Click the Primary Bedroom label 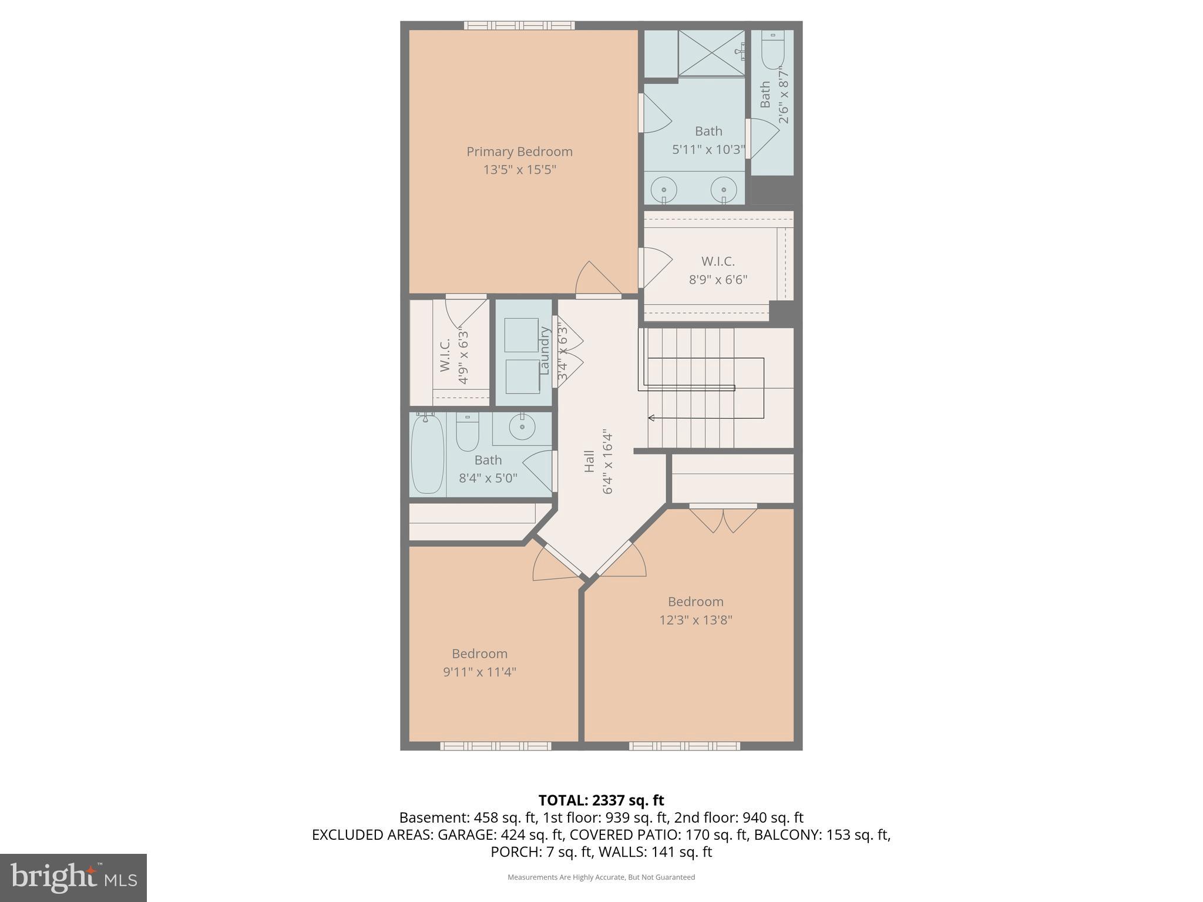(519, 152)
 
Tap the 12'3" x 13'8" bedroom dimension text (695, 620)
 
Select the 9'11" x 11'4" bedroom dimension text (479, 672)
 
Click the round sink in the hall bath (521, 427)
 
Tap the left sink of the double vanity (664, 190)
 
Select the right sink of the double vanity (724, 190)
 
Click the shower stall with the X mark (711, 53)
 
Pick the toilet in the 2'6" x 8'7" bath (773, 50)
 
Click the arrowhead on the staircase (651, 418)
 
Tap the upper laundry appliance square (521, 335)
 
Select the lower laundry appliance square (522, 376)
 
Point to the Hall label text (589, 461)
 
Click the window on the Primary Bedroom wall (519, 25)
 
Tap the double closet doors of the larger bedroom (723, 519)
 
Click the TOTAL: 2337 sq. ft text (601, 800)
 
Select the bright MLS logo (73, 877)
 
